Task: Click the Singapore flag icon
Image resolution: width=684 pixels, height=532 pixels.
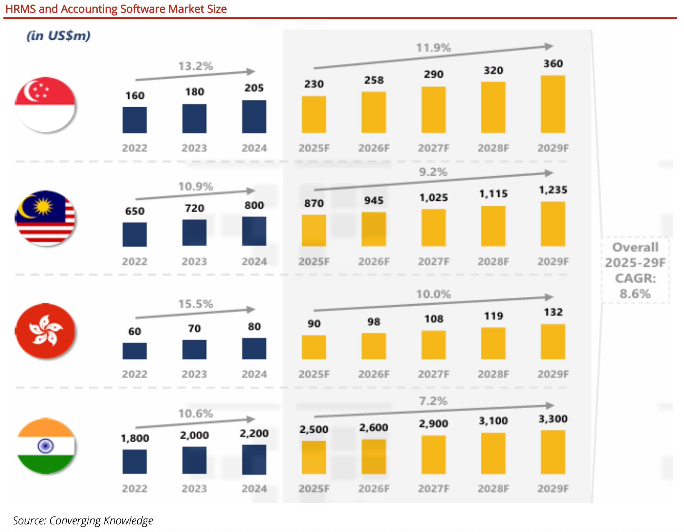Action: click(45, 105)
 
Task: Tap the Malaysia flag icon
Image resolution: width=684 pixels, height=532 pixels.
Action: click(45, 218)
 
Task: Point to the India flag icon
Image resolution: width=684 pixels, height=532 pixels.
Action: click(46, 446)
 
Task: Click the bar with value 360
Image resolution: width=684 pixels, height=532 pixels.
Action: click(553, 104)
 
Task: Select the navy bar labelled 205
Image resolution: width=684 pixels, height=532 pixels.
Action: click(254, 117)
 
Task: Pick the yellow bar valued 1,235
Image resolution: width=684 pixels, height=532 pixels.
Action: click(553, 224)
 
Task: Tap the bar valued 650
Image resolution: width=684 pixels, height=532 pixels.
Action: click(135, 235)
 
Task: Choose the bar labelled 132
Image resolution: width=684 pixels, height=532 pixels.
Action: click(553, 342)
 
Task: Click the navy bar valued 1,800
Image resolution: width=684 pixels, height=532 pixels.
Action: click(135, 462)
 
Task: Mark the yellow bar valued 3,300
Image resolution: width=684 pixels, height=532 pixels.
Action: click(553, 452)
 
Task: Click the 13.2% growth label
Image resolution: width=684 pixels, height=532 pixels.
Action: click(195, 66)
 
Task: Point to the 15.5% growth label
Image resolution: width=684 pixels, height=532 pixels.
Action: click(195, 304)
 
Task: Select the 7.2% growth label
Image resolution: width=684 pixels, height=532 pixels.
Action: click(433, 401)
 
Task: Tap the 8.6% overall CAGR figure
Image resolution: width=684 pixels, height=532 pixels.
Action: click(635, 294)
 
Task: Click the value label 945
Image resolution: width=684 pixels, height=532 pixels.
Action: click(374, 200)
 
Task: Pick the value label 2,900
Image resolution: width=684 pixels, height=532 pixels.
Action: click(433, 424)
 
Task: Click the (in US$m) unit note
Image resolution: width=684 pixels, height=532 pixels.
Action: click(59, 36)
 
